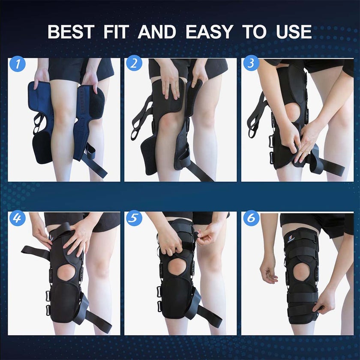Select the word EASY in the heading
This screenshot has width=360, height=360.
tap(210, 32)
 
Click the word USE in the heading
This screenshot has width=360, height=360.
tap(293, 32)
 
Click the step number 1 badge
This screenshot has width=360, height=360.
tap(17, 64)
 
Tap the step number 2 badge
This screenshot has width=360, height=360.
tap(134, 64)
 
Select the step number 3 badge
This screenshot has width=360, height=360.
tap(251, 64)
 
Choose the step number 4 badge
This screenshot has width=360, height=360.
tap(17, 219)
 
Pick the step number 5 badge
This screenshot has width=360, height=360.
tap(134, 219)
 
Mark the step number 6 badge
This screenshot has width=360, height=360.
tap(251, 219)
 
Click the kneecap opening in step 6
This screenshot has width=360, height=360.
tap(302, 271)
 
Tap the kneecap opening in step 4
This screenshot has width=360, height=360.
tap(66, 273)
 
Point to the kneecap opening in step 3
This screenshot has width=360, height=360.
tap(292, 112)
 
